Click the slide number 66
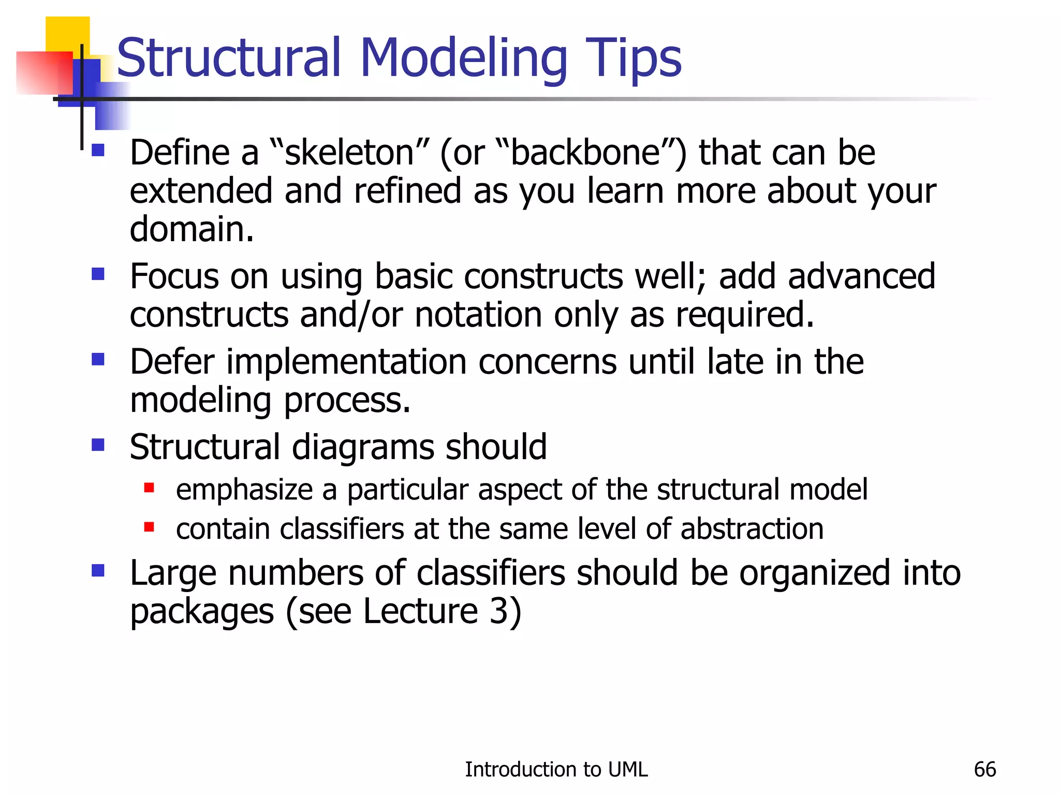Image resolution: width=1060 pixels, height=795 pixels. click(x=984, y=770)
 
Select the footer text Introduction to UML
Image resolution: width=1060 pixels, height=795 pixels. click(x=556, y=770)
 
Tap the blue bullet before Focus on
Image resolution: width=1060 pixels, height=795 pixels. click(x=98, y=273)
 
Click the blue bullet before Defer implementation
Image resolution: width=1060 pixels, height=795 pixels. click(x=98, y=359)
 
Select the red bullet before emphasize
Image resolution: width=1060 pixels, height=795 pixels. click(x=149, y=488)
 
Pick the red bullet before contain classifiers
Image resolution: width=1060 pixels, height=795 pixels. click(x=149, y=527)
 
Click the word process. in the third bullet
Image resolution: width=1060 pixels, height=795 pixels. click(x=347, y=401)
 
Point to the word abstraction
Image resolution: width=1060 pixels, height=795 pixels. click(x=752, y=529)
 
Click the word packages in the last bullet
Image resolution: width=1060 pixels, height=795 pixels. click(x=201, y=612)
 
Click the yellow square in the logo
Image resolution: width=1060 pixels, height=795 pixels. click(x=68, y=32)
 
